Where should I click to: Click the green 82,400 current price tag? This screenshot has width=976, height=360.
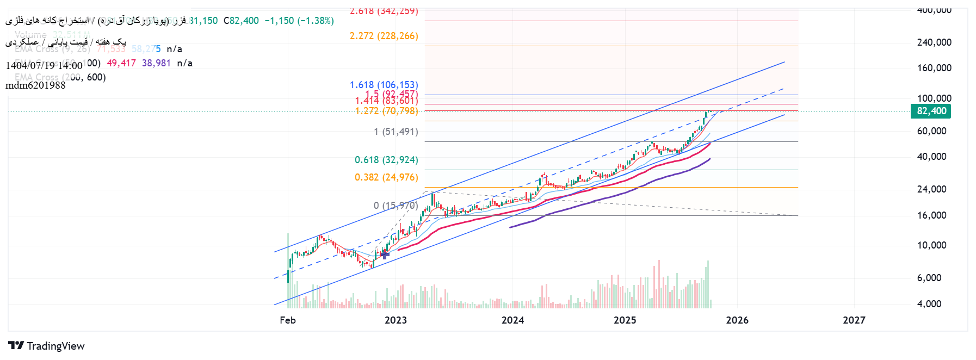[931, 111]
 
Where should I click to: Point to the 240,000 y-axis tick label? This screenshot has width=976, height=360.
[934, 42]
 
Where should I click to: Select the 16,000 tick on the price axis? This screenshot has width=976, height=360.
[931, 215]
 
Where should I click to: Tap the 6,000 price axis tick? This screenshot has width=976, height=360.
[929, 278]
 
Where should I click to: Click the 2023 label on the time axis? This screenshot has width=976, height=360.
[396, 320]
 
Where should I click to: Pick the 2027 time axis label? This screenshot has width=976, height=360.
[854, 320]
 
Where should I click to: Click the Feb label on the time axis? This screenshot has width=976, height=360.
[288, 320]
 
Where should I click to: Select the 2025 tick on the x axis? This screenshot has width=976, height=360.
[625, 320]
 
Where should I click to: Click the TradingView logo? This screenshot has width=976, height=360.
[47, 346]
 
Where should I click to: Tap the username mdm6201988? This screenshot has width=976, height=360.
[35, 85]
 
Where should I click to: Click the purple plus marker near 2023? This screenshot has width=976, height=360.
[385, 254]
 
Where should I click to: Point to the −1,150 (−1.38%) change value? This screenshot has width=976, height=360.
[299, 21]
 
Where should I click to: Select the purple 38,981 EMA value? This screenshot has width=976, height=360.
[156, 63]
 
